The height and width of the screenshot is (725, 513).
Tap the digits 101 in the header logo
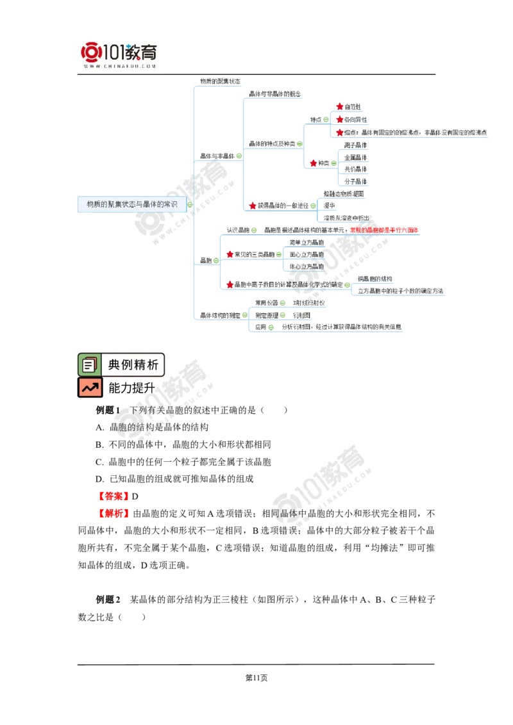click(114, 52)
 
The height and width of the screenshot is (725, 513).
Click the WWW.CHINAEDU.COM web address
click(120, 66)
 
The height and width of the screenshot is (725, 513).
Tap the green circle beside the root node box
click(190, 206)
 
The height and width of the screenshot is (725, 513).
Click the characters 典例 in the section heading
click(115, 365)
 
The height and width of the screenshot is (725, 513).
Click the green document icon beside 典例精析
click(90, 365)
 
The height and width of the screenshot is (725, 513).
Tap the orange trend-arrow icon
click(90, 387)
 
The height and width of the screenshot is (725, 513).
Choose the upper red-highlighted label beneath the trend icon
click(113, 495)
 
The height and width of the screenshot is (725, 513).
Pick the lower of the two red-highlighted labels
click(115, 514)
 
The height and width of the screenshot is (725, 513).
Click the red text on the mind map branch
click(385, 229)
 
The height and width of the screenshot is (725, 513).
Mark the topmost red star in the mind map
click(340, 106)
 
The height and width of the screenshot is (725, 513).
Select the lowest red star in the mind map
click(230, 283)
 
